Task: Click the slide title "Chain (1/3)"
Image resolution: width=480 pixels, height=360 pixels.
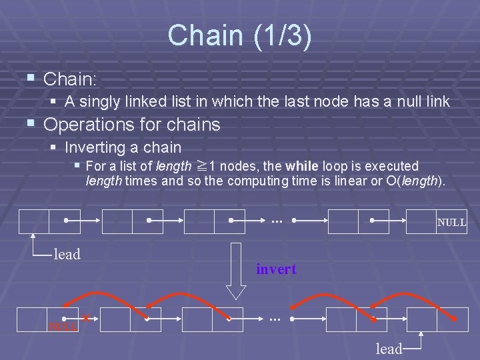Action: [239, 36]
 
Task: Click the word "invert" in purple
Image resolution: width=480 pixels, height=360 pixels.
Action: [276, 269]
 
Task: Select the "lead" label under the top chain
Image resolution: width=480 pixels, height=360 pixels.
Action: [67, 254]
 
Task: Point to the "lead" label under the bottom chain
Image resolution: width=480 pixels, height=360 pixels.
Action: [389, 349]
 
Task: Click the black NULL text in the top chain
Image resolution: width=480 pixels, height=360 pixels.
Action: [451, 223]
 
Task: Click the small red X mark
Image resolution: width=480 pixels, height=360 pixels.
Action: [86, 319]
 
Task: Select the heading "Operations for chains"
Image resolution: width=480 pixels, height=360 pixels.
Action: [131, 125]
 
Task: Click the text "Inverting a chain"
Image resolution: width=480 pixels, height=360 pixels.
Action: [123, 147]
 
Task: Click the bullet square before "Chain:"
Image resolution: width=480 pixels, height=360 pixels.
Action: [30, 79]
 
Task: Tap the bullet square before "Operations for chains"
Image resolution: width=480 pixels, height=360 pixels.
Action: [30, 124]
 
